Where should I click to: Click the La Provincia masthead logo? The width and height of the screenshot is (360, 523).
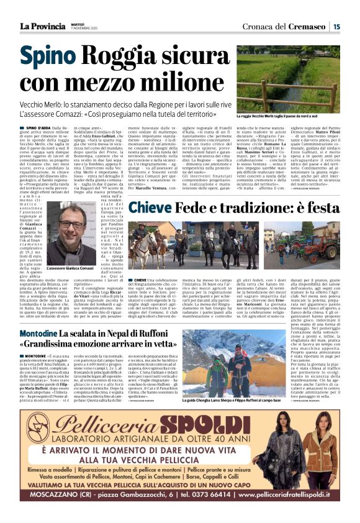click(44, 25)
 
